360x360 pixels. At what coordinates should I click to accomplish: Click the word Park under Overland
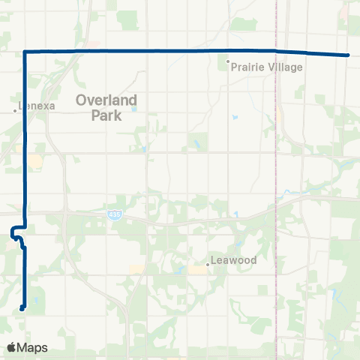[x=104, y=115]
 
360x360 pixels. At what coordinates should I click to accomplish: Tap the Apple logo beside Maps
[x=11, y=347]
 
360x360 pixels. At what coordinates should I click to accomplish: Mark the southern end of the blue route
[x=22, y=307]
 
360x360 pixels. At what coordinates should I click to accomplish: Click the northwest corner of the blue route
[x=26, y=51]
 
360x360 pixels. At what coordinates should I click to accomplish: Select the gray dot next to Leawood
[x=208, y=264]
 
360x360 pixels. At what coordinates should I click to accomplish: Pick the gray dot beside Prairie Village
[x=228, y=61]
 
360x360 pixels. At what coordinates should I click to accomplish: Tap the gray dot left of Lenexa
[x=15, y=110]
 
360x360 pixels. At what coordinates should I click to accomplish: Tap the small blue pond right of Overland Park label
[x=134, y=109]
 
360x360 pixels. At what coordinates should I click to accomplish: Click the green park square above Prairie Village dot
[x=238, y=25]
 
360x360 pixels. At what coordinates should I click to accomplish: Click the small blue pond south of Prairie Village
[x=234, y=117]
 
